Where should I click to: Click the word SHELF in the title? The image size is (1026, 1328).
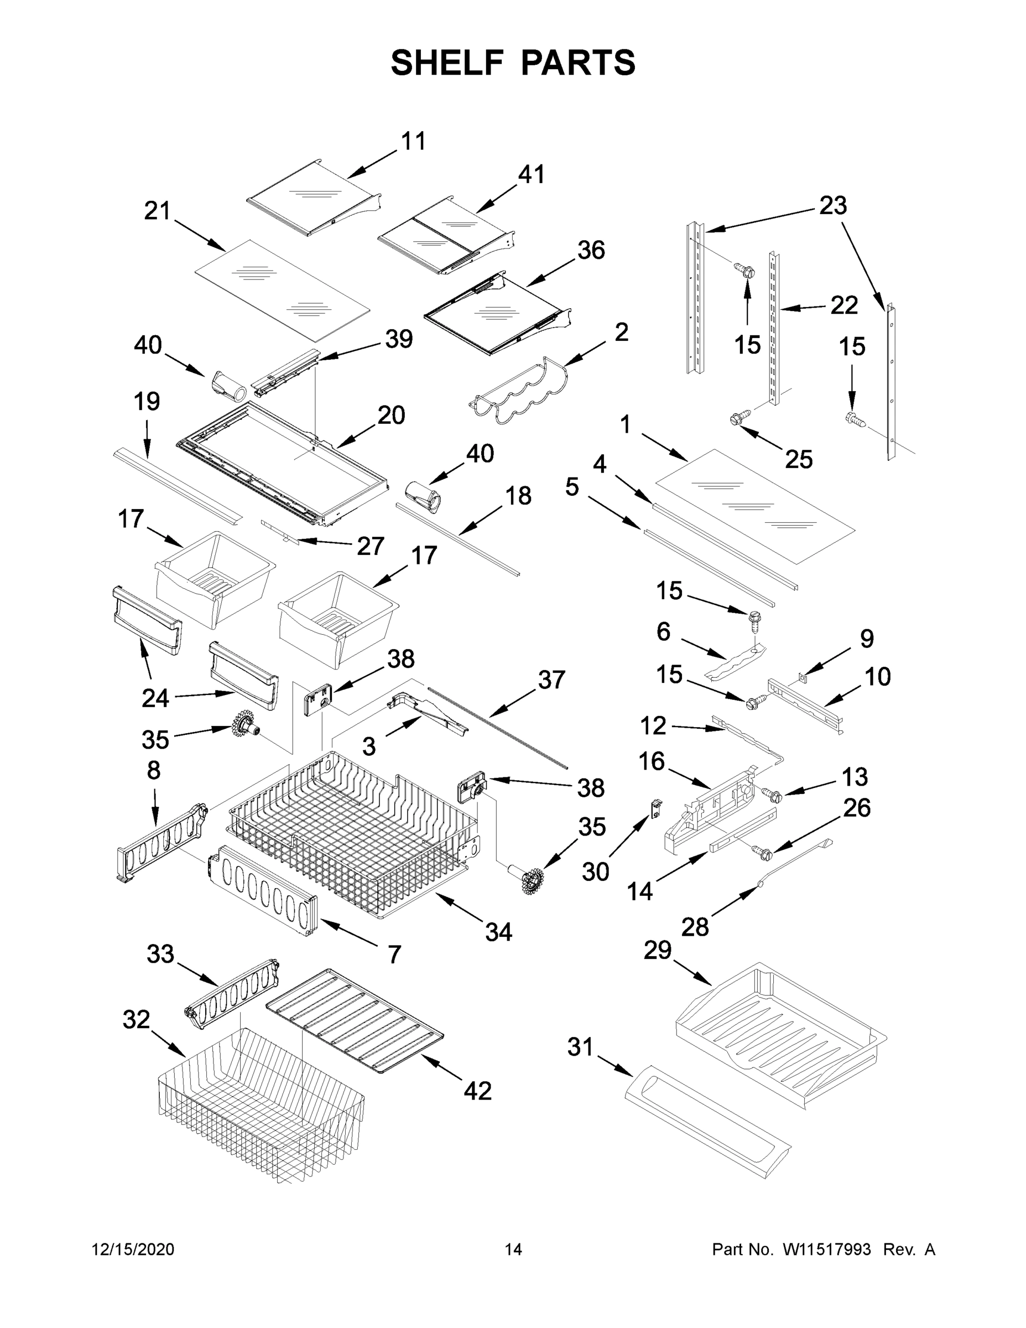click(x=447, y=63)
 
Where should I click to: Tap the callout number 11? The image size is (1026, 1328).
click(x=413, y=141)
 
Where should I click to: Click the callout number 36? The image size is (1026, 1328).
click(x=591, y=251)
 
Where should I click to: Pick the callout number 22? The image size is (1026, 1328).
click(x=843, y=305)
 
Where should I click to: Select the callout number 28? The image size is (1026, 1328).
click(x=695, y=927)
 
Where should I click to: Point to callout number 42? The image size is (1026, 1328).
click(x=477, y=1091)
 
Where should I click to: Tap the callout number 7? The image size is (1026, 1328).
click(x=394, y=954)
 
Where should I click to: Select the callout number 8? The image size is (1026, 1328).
click(x=154, y=770)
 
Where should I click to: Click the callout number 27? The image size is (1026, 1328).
click(x=370, y=546)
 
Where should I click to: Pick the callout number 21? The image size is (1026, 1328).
click(x=158, y=211)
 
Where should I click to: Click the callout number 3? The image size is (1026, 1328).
click(x=369, y=745)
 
